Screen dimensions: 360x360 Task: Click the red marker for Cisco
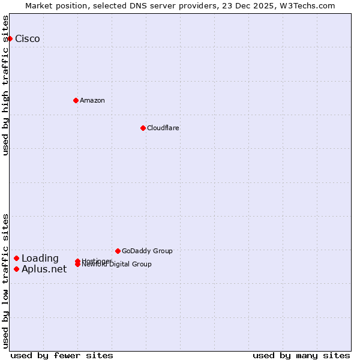(10, 38)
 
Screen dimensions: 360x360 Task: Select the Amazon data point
(76, 100)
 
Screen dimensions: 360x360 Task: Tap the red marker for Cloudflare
(143, 128)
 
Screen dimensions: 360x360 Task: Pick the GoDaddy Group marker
(118, 251)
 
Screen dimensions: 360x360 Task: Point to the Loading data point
(16, 259)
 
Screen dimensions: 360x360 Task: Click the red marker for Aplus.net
(16, 269)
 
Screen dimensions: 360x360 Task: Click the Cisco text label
(28, 39)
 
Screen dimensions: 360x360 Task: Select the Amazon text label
(92, 100)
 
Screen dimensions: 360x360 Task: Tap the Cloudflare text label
(163, 128)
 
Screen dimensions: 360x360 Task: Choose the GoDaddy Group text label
(147, 251)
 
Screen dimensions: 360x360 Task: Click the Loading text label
(40, 259)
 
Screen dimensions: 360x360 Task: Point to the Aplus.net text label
(44, 269)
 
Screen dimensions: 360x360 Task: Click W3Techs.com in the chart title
(307, 5)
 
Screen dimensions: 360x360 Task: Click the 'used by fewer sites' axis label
(62, 355)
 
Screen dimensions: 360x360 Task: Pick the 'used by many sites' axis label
(301, 355)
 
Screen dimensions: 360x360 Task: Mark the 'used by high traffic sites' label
(5, 85)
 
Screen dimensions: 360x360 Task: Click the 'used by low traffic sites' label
(5, 281)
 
